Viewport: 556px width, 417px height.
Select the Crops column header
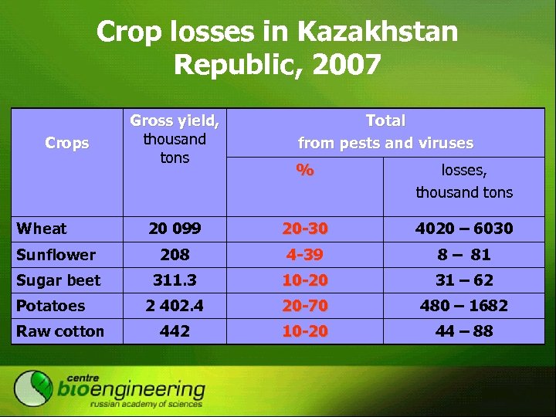[67, 143]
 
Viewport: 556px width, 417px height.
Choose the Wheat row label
[42, 229]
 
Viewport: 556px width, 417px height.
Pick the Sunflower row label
[56, 255]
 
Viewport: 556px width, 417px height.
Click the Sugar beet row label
[59, 280]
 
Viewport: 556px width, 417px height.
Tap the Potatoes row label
[51, 306]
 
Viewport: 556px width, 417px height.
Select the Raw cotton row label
[60, 331]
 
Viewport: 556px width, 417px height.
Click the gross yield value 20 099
[175, 229]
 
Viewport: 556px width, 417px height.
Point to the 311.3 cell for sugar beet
[175, 280]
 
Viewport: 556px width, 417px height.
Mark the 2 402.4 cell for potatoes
[175, 306]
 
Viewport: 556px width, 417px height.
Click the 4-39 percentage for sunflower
[305, 255]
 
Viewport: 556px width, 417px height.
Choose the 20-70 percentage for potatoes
[305, 306]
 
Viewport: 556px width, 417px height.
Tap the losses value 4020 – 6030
[464, 229]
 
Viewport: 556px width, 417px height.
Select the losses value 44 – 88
[464, 331]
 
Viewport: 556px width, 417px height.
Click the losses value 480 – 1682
[464, 306]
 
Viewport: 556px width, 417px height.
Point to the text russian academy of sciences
[146, 404]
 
